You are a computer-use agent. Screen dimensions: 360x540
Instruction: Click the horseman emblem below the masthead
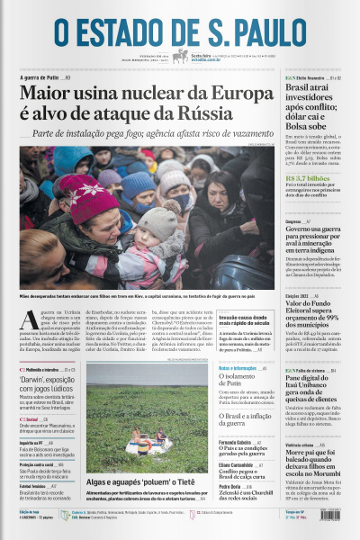coord(181,57)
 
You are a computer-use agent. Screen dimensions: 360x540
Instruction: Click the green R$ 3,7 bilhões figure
coord(309,179)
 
